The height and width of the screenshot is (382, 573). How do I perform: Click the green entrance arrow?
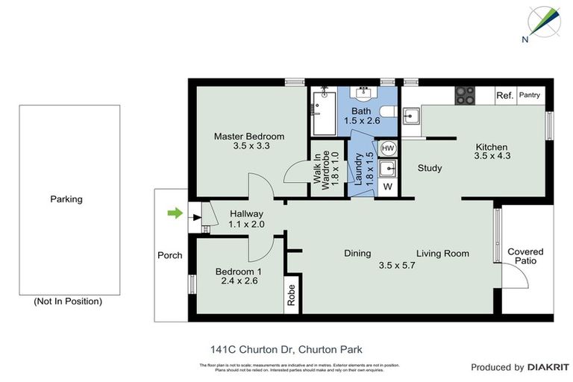click(173, 214)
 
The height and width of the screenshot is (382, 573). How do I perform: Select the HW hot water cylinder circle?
click(388, 148)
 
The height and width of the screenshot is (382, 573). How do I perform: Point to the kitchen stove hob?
click(464, 95)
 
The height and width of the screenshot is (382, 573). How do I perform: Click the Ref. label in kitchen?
click(504, 95)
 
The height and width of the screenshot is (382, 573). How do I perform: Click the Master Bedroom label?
click(249, 137)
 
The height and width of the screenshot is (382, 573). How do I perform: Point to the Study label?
click(430, 168)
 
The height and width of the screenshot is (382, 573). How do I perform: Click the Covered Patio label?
click(525, 257)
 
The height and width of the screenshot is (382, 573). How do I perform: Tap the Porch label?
click(170, 255)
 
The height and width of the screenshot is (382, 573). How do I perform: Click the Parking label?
click(66, 199)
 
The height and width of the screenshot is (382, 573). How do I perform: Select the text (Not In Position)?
click(67, 301)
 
